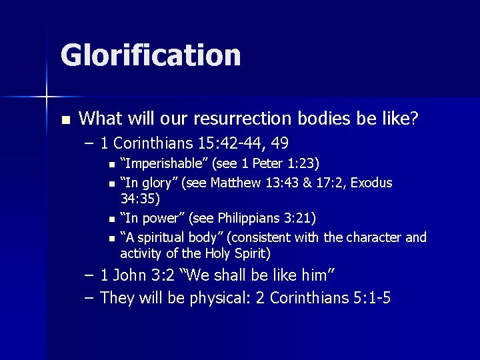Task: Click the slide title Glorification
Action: tap(151, 55)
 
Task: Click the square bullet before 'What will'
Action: tap(65, 120)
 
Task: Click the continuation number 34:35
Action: tap(140, 198)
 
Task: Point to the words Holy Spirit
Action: tap(236, 253)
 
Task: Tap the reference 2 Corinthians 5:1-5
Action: tap(324, 298)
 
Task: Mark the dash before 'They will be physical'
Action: tap(89, 297)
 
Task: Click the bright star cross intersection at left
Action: tap(47, 97)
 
